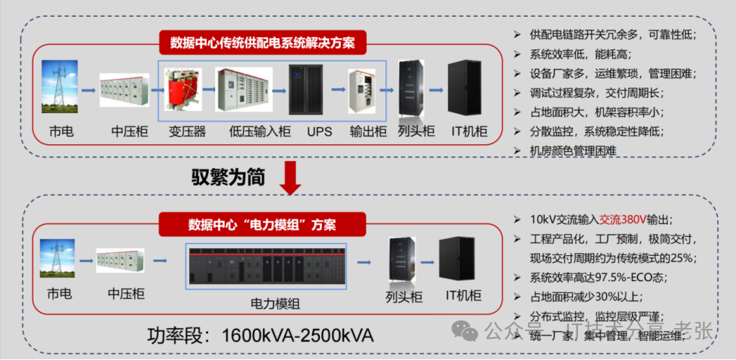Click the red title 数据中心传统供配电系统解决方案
(262, 41)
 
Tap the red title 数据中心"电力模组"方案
(262, 225)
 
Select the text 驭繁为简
(228, 177)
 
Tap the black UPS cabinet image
(307, 90)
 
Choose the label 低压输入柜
(260, 131)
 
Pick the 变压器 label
(188, 131)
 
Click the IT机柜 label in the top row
(469, 131)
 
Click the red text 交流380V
(622, 219)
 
